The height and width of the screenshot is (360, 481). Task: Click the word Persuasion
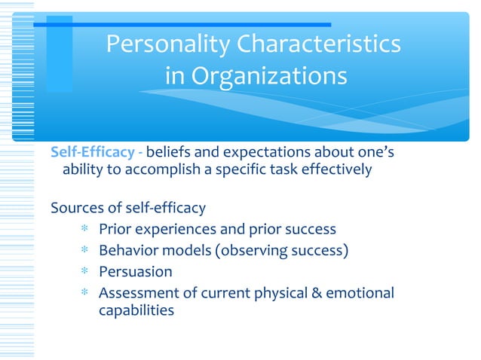(136, 271)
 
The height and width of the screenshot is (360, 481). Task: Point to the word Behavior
(128, 250)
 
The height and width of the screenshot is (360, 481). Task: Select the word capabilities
(136, 310)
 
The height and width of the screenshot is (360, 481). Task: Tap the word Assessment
(137, 292)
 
